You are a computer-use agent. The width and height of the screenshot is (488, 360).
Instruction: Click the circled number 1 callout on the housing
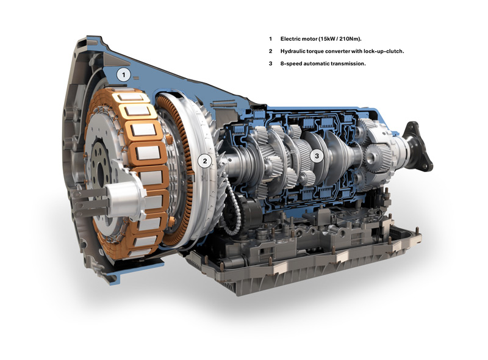[124, 74]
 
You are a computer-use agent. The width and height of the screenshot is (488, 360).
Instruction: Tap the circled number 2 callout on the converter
[205, 161]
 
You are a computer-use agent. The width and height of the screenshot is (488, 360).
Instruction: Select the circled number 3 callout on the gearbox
[317, 156]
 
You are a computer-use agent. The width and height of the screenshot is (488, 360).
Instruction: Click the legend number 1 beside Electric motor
[270, 39]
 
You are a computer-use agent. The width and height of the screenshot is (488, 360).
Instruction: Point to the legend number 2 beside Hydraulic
[270, 51]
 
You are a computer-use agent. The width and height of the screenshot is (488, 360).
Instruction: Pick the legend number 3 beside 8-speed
[270, 63]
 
